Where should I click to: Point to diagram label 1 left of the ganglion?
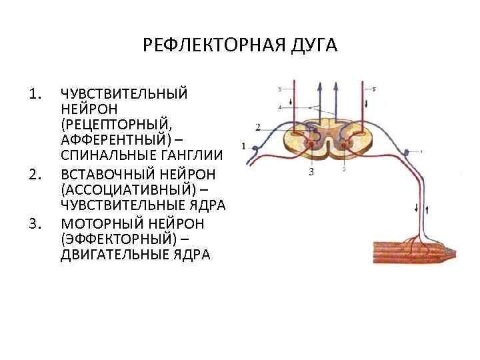243,145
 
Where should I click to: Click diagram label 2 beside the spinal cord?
258,125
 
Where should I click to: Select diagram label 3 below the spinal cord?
311,173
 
